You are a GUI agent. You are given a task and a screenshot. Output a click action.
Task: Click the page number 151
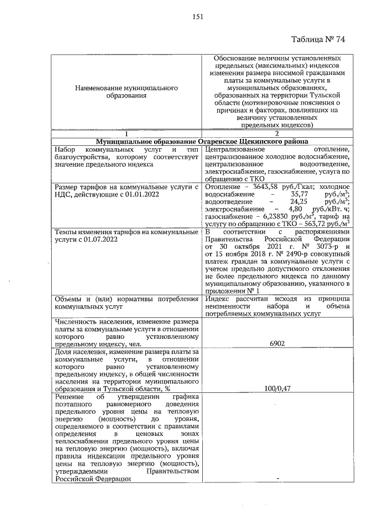pyautogui.click(x=197, y=17)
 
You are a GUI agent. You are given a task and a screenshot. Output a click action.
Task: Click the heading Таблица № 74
pyautogui.click(x=319, y=40)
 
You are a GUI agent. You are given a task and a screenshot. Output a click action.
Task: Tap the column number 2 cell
pyautogui.click(x=277, y=133)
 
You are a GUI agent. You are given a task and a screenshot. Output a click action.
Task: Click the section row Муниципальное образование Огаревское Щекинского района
pyautogui.click(x=202, y=141)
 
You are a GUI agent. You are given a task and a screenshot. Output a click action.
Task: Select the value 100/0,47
pyautogui.click(x=277, y=388)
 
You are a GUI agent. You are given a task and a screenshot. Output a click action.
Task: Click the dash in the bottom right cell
pyautogui.click(x=277, y=478)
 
